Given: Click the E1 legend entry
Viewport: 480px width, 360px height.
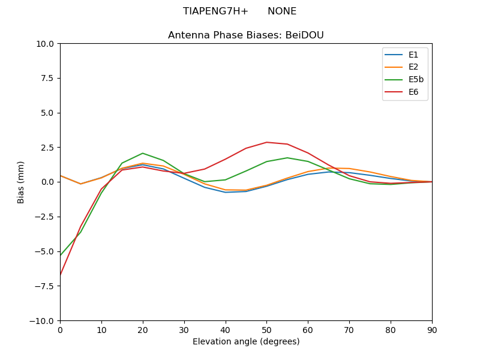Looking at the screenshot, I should point(413,55).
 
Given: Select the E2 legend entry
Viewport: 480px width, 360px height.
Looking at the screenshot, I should point(413,67).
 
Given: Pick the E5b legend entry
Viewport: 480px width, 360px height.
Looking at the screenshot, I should point(416,80).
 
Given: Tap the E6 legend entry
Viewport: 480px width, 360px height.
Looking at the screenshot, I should point(413,92).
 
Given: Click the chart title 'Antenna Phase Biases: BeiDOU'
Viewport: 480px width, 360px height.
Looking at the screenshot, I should point(246,35).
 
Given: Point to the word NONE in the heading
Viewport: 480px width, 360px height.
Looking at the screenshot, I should point(282,11).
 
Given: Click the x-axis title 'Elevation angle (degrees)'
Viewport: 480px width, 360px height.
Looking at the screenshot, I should point(246,342).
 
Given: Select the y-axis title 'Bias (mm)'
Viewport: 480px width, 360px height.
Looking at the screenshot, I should point(21,182).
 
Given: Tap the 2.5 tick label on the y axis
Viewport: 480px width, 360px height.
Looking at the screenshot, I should point(47,148).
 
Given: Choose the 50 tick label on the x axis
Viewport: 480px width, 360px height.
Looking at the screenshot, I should point(266,330).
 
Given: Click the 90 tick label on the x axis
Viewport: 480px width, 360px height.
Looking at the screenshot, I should point(432,330).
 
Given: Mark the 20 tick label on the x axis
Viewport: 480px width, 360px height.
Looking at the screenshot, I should point(143,330).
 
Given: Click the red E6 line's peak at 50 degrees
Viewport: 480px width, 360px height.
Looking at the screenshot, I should point(266,142).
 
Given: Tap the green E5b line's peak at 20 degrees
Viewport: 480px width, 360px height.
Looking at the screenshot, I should point(143,153).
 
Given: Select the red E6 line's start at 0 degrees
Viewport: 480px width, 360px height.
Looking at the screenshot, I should point(61,274).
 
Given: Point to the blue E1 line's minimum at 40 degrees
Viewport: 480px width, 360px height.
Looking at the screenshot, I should point(225,192).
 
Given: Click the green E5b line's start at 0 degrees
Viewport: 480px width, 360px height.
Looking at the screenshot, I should point(61,255).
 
